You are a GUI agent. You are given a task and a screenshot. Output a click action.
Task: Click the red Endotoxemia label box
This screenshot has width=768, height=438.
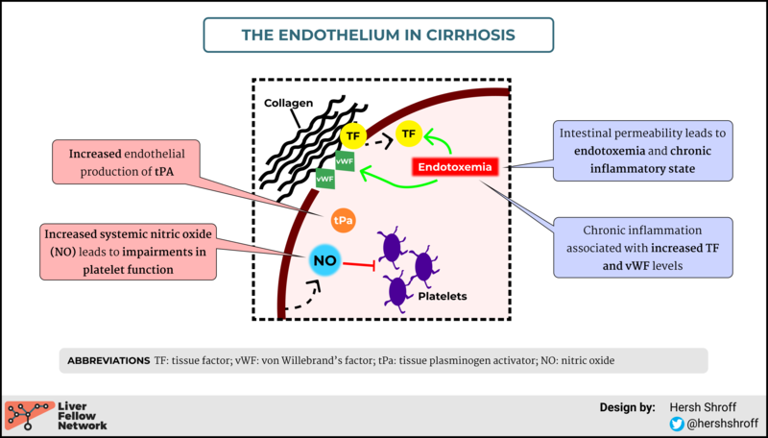455,167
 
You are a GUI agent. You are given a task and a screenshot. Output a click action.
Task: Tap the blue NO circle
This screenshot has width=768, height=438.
325,260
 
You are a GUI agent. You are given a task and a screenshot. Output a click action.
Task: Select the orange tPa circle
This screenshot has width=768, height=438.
343,221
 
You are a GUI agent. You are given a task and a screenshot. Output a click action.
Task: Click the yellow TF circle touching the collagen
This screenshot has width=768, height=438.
353,136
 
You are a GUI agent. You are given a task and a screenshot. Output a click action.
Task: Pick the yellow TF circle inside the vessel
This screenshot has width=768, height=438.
409,134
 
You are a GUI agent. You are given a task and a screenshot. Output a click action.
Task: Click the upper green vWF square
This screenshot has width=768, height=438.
345,161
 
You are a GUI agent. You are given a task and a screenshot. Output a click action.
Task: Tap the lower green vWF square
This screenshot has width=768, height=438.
325,179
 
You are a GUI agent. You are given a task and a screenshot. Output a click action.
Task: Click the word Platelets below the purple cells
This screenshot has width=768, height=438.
443,297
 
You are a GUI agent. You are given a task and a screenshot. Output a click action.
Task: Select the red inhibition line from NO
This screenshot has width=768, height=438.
358,265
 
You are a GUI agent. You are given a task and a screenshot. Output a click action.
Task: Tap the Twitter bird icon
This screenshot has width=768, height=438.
677,424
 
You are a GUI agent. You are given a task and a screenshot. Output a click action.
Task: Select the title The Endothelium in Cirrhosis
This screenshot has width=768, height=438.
378,35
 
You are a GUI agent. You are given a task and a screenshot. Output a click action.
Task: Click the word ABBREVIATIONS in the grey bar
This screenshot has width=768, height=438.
108,361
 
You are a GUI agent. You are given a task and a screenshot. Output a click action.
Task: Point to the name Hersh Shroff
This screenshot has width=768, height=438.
703,407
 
